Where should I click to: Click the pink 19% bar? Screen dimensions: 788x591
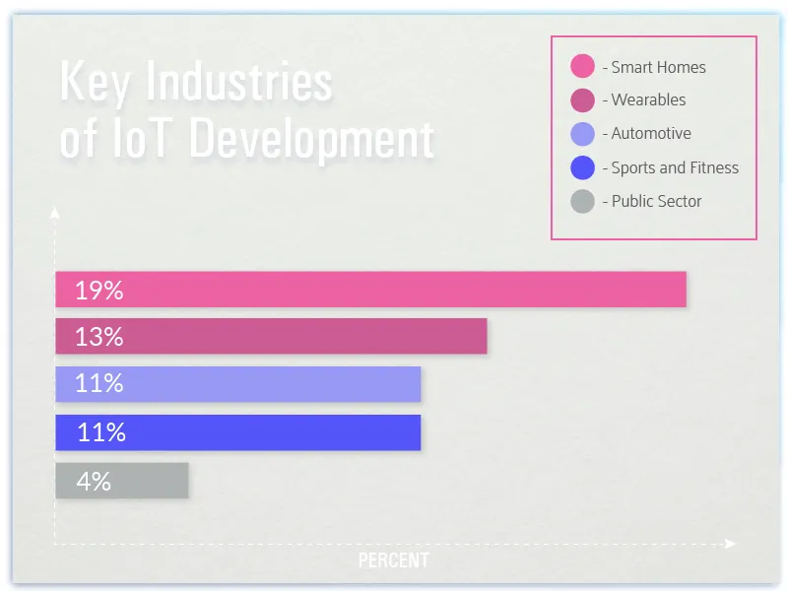point(394,290)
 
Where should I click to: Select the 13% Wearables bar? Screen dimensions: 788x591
point(295,337)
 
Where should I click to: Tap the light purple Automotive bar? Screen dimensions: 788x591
point(256,384)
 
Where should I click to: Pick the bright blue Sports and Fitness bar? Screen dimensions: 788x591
point(256,432)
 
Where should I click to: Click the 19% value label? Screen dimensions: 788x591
point(98,291)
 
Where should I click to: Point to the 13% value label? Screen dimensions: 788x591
point(98,337)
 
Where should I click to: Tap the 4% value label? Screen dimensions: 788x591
point(94,482)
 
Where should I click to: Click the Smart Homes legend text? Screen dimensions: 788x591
point(658,67)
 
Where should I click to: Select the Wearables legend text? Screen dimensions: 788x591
point(648,99)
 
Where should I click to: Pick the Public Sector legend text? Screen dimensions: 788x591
point(656,201)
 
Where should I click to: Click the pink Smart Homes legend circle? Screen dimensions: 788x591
point(583,67)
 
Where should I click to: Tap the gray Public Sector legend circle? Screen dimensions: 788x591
point(583,201)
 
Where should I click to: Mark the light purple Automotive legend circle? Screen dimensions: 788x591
point(583,134)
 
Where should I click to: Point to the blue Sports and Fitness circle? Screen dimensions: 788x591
point(583,167)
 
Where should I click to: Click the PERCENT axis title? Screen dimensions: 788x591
point(393,560)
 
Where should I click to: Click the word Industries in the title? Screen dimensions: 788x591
point(238,82)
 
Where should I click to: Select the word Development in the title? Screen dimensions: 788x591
point(311,140)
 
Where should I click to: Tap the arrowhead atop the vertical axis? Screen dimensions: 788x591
point(55,211)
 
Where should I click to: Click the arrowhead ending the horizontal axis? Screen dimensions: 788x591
point(731,544)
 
